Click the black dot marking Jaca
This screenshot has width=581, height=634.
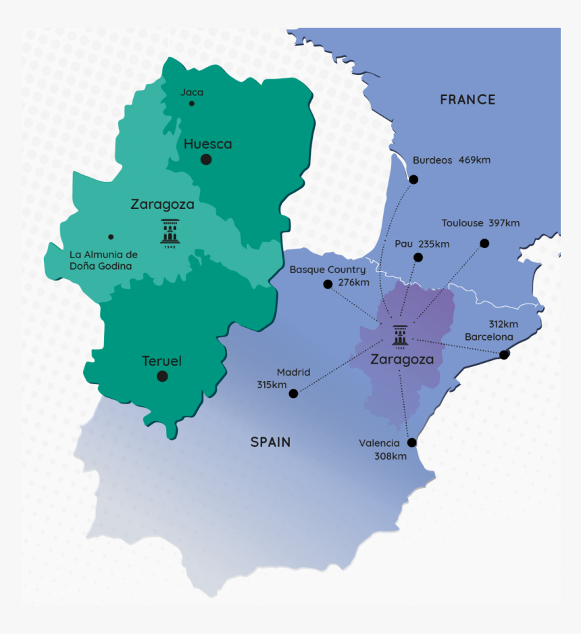(x=192, y=103)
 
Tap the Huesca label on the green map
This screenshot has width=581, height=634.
(x=207, y=144)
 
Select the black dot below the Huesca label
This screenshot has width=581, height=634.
(x=206, y=160)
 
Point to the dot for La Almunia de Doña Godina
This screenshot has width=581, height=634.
(x=111, y=237)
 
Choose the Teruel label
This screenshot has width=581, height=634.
(x=161, y=362)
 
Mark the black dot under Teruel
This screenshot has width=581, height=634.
(x=162, y=376)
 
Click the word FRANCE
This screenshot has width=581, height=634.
(x=468, y=99)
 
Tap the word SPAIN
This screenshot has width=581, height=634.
(x=270, y=442)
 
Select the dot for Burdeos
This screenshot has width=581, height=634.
(x=413, y=179)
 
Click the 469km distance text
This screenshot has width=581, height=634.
(x=474, y=160)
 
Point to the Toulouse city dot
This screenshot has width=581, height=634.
(x=484, y=243)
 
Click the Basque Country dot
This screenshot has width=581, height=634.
(x=328, y=284)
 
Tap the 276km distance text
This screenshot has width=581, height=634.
(x=353, y=282)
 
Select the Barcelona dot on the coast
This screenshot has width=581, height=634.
(x=504, y=354)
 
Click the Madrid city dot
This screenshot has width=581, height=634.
(x=293, y=393)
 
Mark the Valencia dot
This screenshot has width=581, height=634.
(x=412, y=443)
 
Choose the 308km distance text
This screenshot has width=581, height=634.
(x=390, y=456)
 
